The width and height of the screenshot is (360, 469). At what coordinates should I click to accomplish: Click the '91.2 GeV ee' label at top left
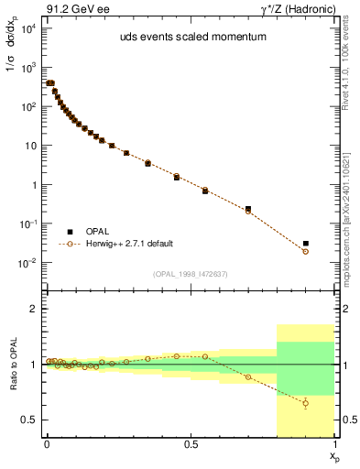[x=72, y=9]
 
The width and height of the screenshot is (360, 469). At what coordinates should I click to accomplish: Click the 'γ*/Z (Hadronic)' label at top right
[x=300, y=9]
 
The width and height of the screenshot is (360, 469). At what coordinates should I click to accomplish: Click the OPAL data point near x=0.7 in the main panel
[x=248, y=209]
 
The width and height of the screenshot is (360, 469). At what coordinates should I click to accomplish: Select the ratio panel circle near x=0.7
[x=248, y=376]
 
